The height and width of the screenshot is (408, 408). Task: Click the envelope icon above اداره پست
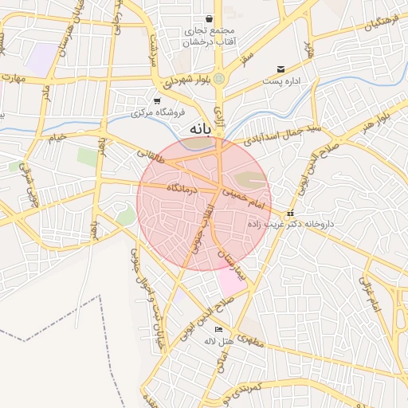click(281, 70)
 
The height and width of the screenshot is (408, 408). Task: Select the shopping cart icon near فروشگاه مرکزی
click(157, 101)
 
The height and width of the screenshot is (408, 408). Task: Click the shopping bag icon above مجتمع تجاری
click(209, 18)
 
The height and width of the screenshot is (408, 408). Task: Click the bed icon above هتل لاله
click(219, 329)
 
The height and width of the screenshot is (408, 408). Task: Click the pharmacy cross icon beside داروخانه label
click(290, 214)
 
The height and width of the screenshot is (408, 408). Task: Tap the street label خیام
click(56, 139)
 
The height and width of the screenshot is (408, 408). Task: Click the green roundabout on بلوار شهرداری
click(219, 77)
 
